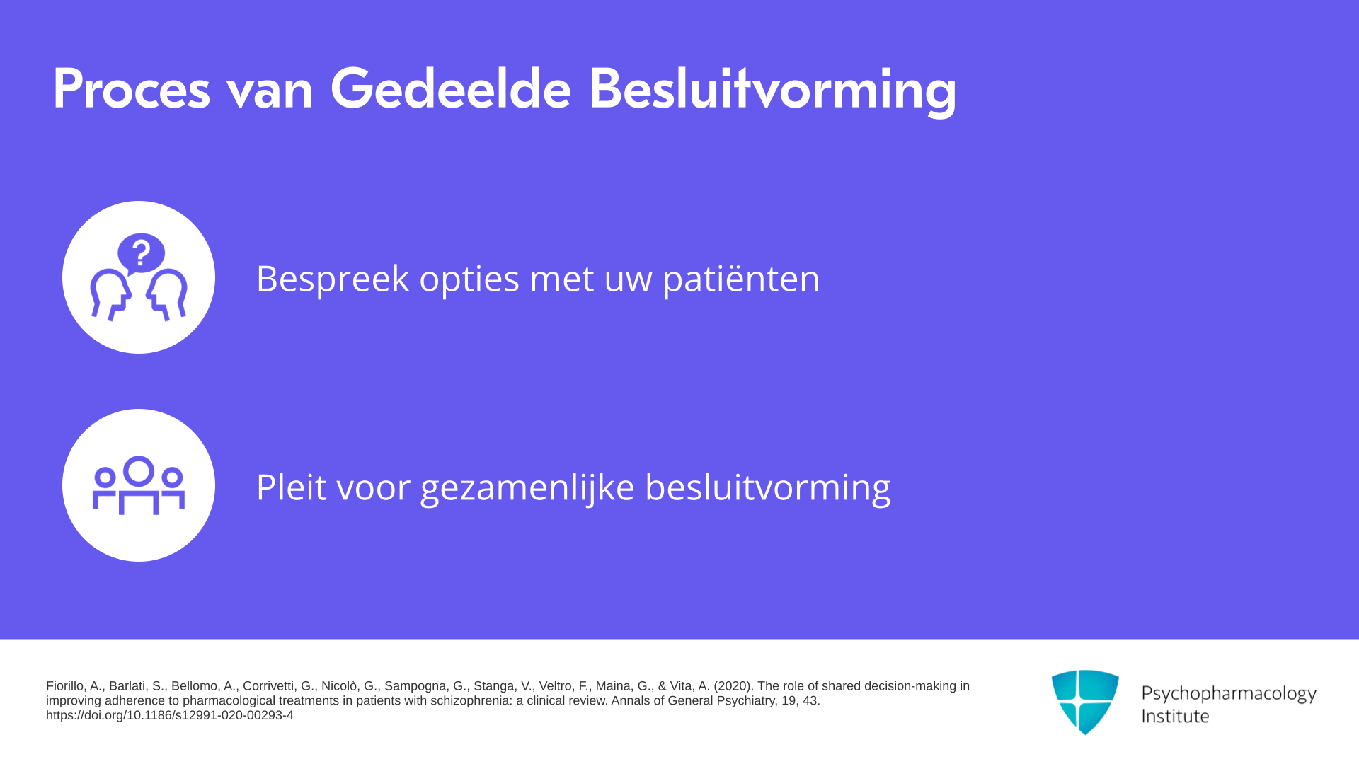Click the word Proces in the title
pos(132,88)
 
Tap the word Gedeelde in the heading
pos(451,88)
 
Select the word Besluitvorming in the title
pos(772,91)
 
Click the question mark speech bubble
pos(141,253)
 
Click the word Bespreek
pos(333,278)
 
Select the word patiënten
pos(741,278)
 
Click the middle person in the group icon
pos(138,485)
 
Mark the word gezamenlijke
pos(527,488)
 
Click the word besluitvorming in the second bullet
pos(768,488)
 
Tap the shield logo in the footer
pos(1085,702)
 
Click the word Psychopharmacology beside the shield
pos(1229,694)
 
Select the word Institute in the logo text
pos(1175,716)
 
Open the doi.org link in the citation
pos(170,715)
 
